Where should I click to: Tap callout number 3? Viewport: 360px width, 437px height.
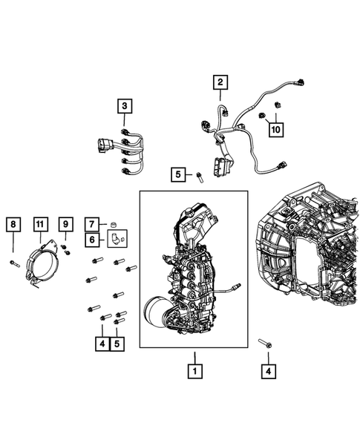(125, 106)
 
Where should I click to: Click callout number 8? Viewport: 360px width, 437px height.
(13, 223)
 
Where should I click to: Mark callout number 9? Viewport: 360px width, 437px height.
(65, 223)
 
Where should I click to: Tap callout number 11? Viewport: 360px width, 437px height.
(39, 223)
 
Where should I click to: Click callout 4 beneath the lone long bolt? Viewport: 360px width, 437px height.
(268, 369)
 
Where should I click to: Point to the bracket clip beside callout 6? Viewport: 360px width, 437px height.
(117, 238)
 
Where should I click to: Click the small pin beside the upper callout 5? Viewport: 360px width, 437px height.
(199, 176)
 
